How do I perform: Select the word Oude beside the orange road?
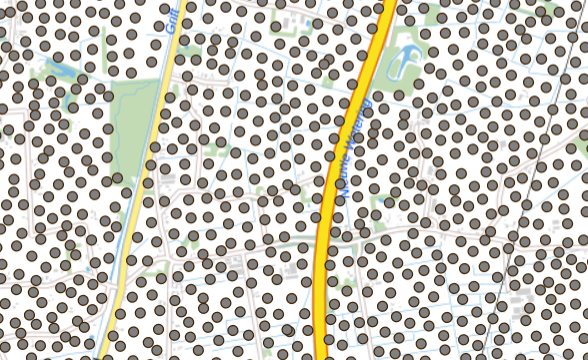pyautogui.click(x=343, y=178)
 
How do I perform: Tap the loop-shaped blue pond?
pyautogui.click(x=405, y=62)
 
